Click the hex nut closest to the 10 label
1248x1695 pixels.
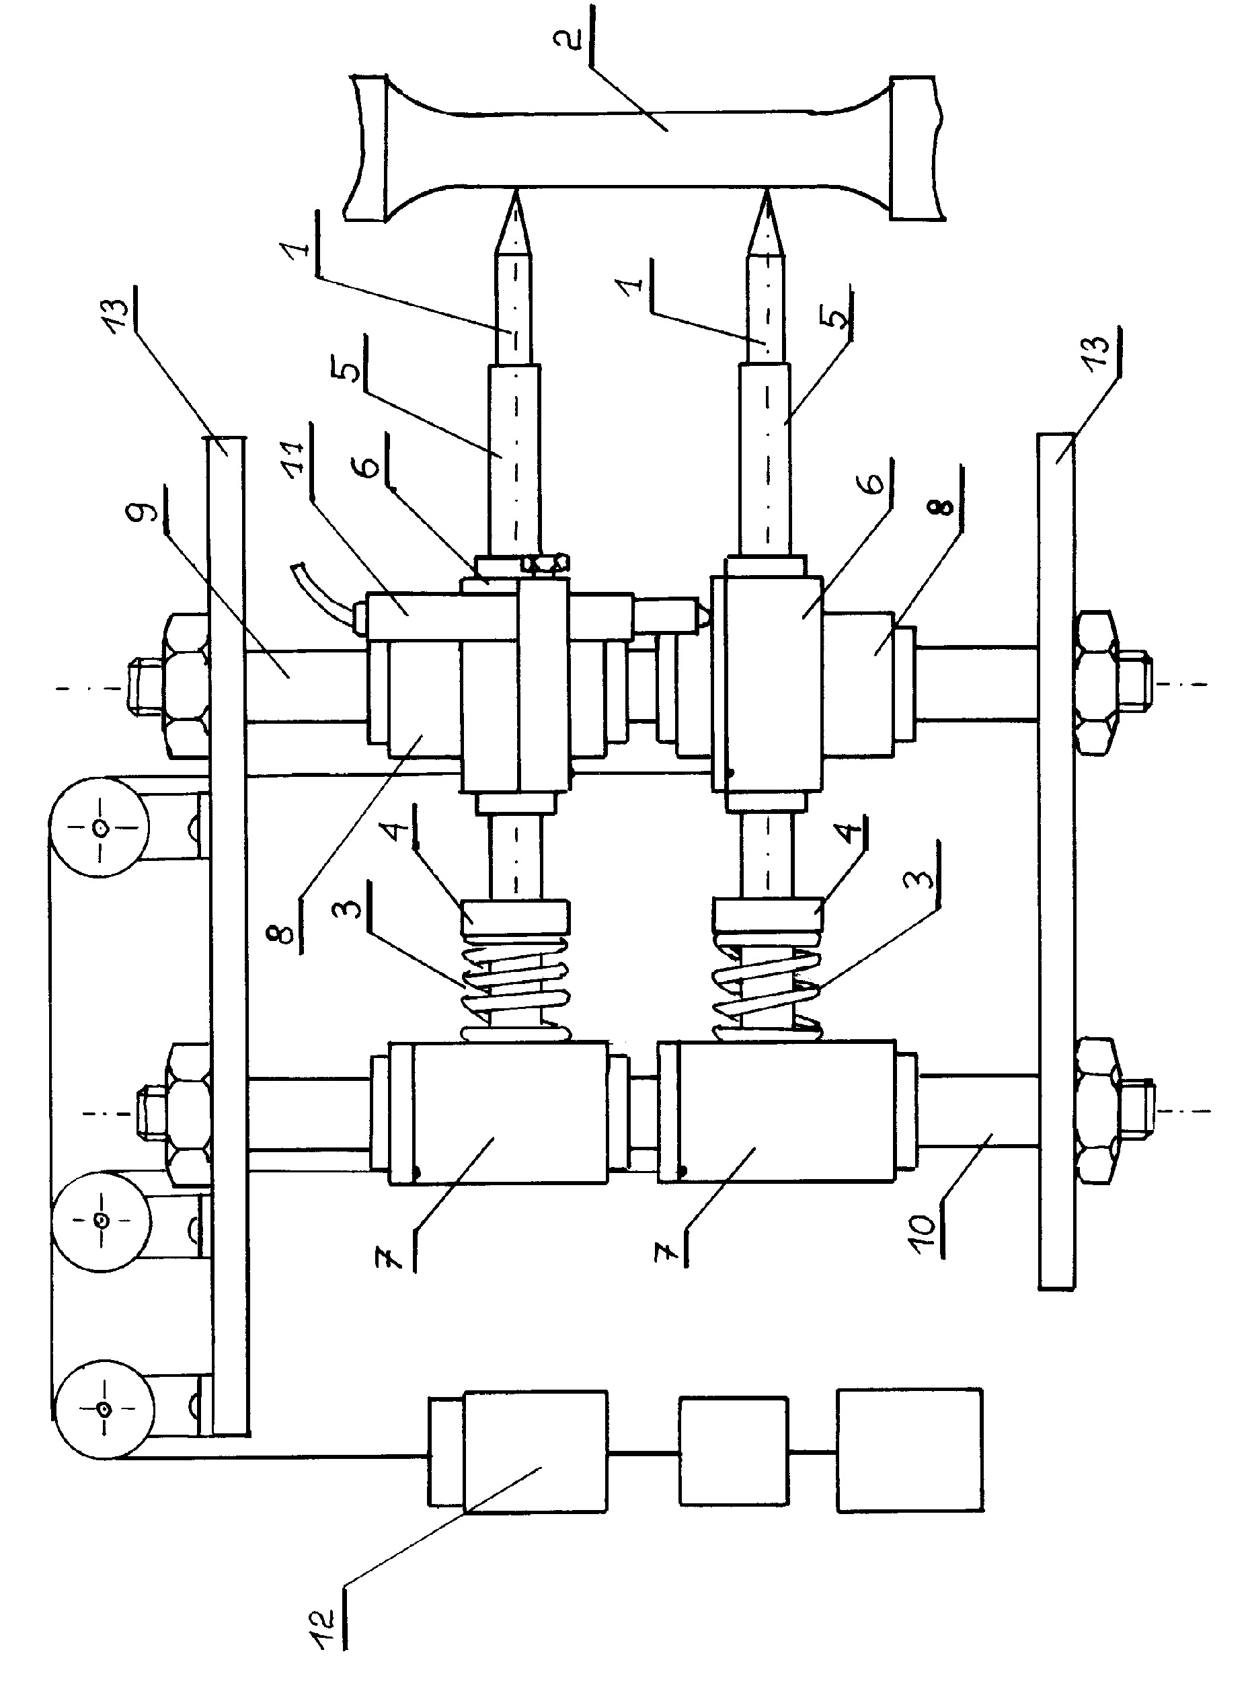coord(1097,1111)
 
